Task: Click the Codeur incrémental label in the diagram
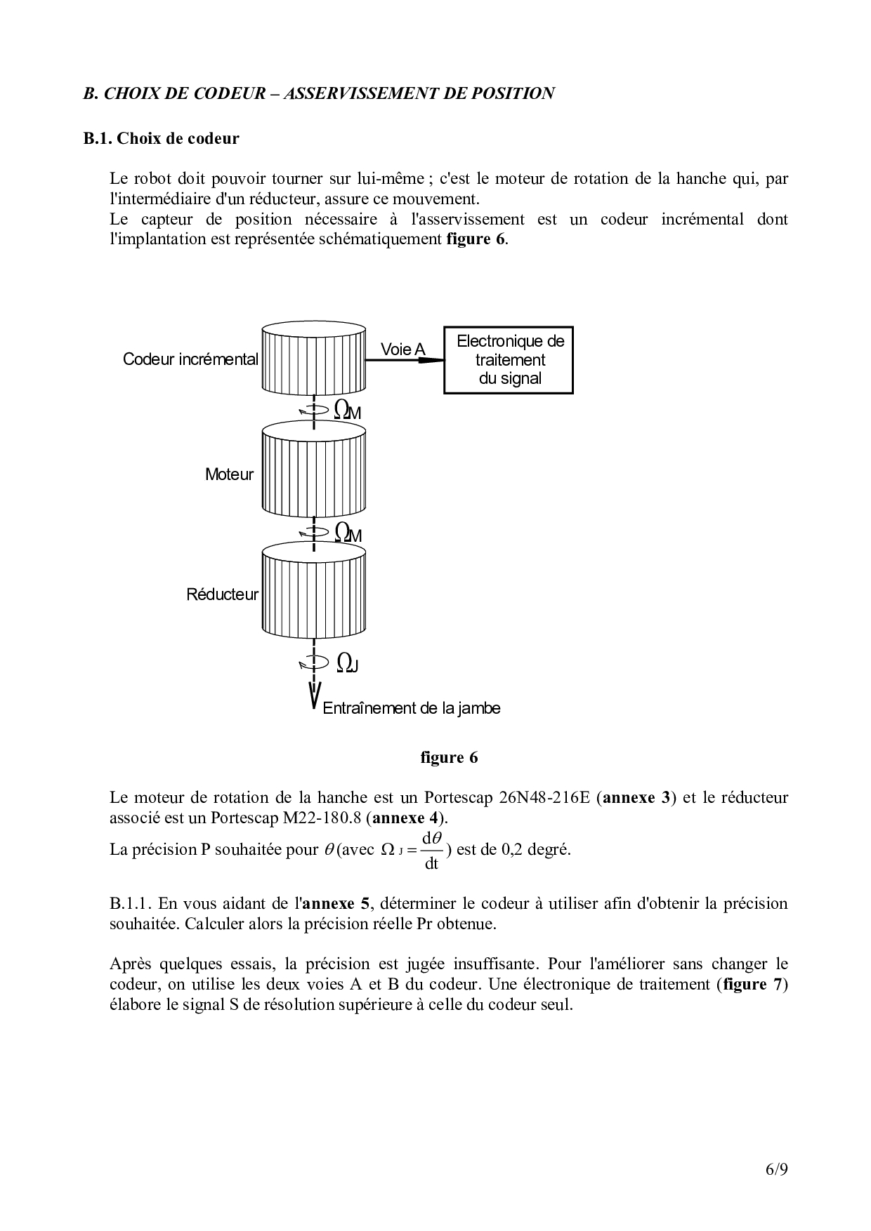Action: click(190, 359)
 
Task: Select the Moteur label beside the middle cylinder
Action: click(229, 474)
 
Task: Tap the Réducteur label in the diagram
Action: click(222, 594)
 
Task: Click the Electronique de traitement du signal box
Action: click(509, 360)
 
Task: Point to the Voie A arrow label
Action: click(402, 349)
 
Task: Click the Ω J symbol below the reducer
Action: click(347, 663)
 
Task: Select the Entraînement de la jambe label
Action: click(412, 708)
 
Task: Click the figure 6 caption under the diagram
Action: click(449, 758)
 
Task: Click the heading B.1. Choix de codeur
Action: click(161, 138)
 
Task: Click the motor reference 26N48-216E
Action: click(544, 798)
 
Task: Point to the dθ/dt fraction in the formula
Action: click(431, 850)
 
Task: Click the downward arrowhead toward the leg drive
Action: click(314, 698)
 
